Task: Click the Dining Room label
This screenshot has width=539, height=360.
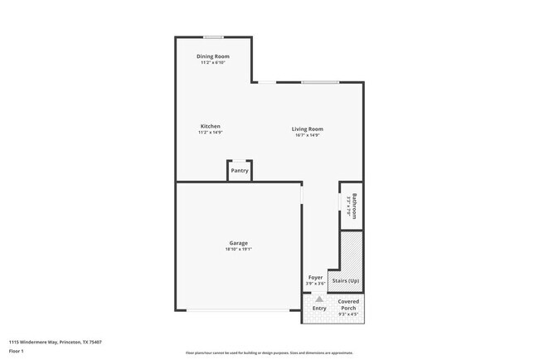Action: pyautogui.click(x=213, y=56)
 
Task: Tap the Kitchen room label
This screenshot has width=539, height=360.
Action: pyautogui.click(x=210, y=126)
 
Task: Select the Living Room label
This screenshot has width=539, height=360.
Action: pyautogui.click(x=307, y=129)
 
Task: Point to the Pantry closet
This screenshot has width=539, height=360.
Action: pyautogui.click(x=240, y=170)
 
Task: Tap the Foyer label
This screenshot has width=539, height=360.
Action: pyautogui.click(x=316, y=278)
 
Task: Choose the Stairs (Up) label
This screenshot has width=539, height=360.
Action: pyautogui.click(x=346, y=281)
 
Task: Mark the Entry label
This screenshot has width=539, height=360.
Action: pyautogui.click(x=319, y=309)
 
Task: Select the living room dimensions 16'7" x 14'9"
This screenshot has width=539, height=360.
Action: pyautogui.click(x=307, y=135)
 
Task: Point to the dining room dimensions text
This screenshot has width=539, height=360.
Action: pyautogui.click(x=213, y=63)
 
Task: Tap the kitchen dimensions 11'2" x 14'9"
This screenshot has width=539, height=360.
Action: pyautogui.click(x=210, y=133)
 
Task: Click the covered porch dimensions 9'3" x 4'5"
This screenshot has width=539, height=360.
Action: pyautogui.click(x=348, y=314)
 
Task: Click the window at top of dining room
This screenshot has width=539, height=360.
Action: pyautogui.click(x=214, y=36)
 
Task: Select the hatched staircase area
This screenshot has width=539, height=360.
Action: pyautogui.click(x=351, y=249)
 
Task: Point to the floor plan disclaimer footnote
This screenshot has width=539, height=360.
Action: pyautogui.click(x=269, y=353)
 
